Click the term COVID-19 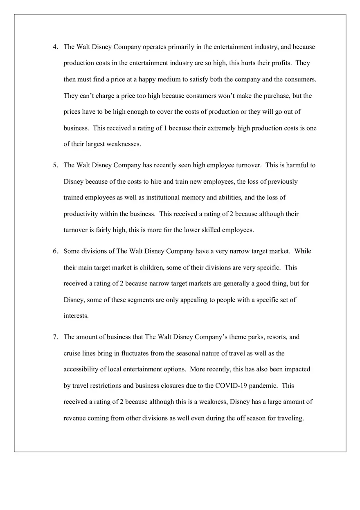click(229, 386)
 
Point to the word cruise click(72, 353)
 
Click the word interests click(76, 316)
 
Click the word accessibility click(81, 369)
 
